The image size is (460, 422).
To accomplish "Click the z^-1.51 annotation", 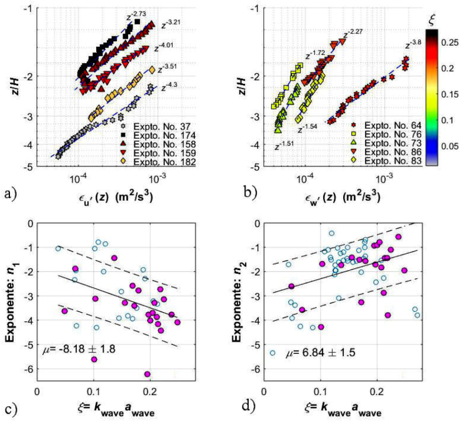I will click(284, 148).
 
